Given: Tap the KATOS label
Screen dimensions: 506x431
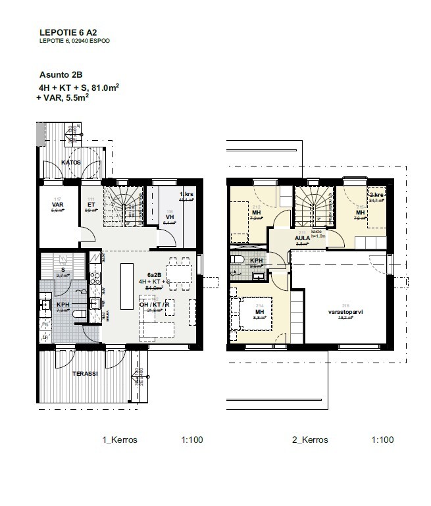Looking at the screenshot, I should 71,161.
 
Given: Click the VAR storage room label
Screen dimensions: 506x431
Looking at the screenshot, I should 57,205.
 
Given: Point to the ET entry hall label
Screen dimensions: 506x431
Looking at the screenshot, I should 90,205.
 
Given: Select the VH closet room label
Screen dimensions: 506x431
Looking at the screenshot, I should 169,217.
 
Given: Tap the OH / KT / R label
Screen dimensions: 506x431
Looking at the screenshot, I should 154,304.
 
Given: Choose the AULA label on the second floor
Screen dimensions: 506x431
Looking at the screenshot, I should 284,238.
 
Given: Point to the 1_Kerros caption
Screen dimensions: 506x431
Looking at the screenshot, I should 120,440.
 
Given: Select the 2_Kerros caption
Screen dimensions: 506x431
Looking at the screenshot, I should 309,440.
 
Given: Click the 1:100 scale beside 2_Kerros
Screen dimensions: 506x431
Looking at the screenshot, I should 382,440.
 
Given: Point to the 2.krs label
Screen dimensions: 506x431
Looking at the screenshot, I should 376,195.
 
